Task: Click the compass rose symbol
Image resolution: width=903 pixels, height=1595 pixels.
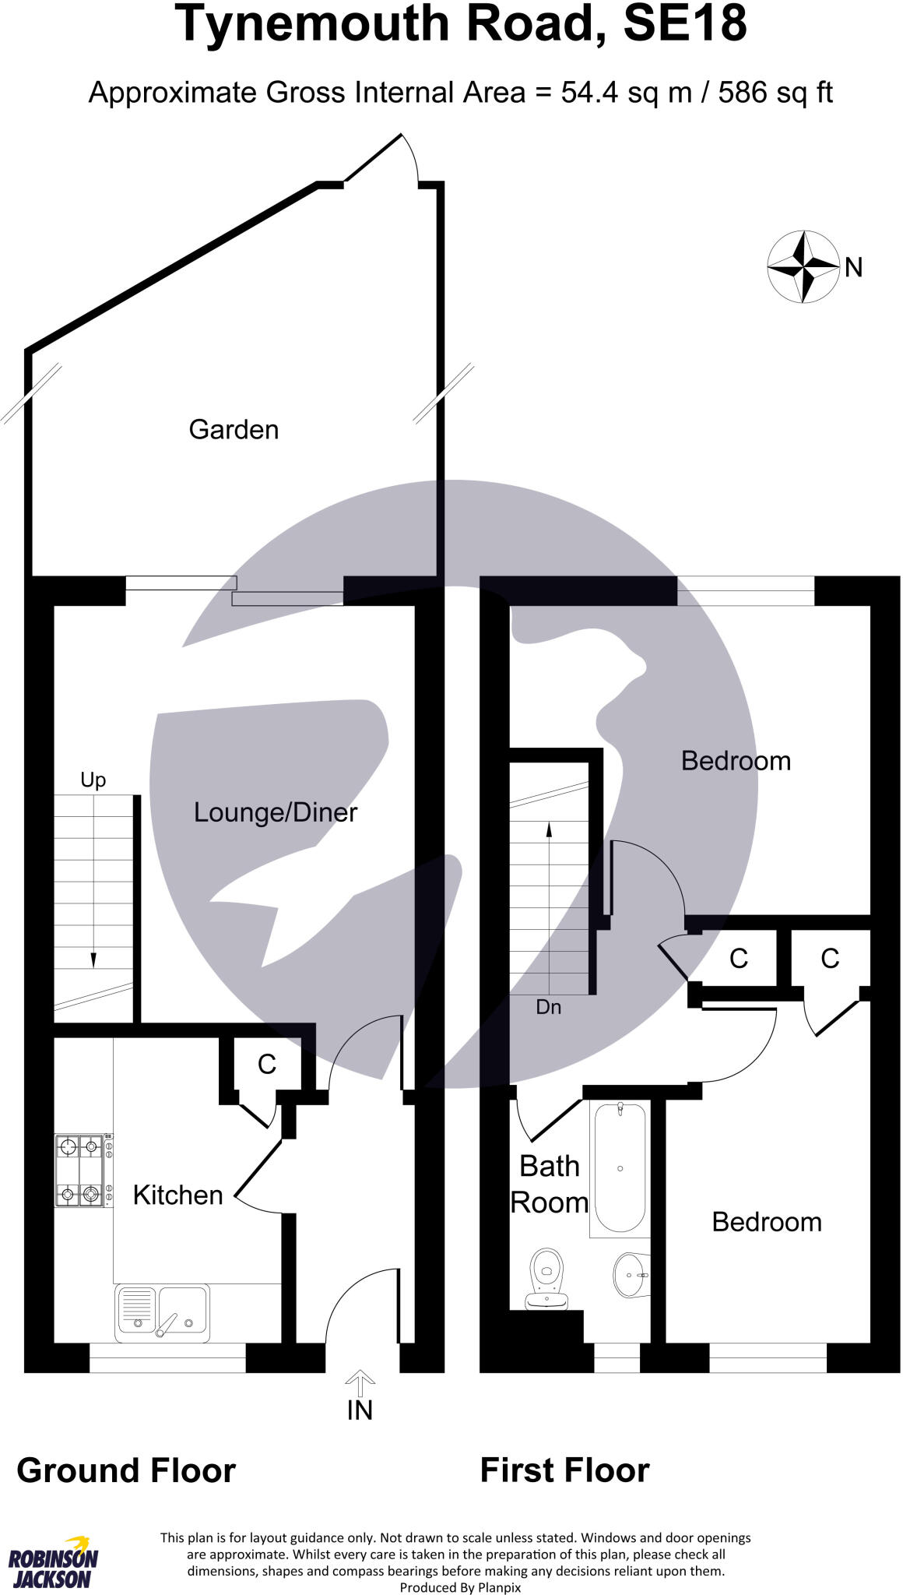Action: tap(803, 267)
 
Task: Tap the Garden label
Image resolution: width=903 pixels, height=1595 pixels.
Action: tap(234, 430)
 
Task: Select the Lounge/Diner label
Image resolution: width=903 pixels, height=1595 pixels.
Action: tap(276, 812)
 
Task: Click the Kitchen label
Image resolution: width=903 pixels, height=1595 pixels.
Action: tap(177, 1195)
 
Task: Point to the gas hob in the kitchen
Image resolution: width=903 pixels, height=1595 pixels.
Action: tap(80, 1171)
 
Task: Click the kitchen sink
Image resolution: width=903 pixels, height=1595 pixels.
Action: tap(163, 1313)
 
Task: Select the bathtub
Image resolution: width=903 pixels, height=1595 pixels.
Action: tap(620, 1167)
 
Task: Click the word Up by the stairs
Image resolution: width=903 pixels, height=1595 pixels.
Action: tap(93, 780)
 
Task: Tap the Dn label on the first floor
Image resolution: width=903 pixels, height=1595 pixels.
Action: tap(549, 1007)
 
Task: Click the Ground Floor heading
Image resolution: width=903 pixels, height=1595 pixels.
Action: tap(126, 1470)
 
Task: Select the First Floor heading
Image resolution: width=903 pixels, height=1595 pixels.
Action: tap(564, 1470)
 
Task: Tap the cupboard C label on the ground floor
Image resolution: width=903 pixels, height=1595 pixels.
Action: tap(267, 1064)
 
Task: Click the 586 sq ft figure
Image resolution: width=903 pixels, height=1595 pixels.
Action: tap(775, 93)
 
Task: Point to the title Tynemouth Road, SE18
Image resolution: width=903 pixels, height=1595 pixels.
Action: tap(461, 25)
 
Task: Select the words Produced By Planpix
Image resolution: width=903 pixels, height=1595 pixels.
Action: tap(460, 1587)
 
